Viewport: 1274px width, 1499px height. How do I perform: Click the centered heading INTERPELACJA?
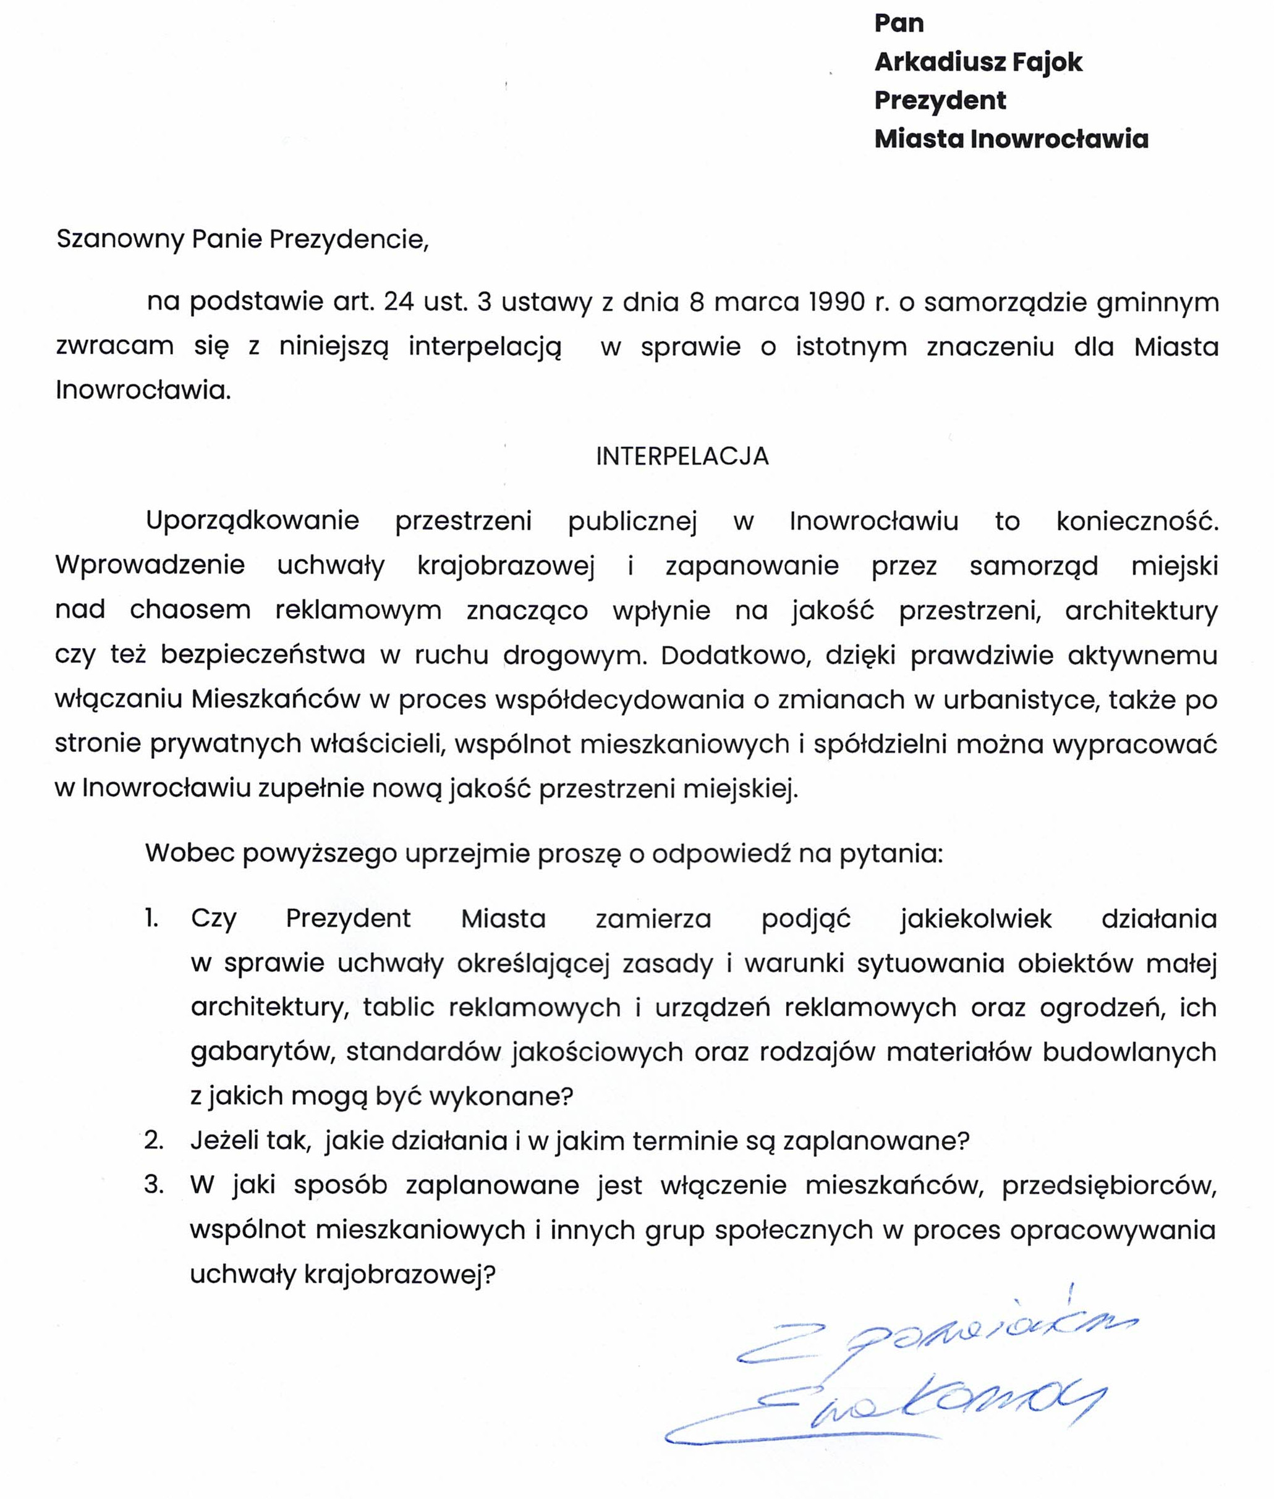pyautogui.click(x=682, y=457)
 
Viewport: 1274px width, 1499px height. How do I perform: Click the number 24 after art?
pyautogui.click(x=399, y=302)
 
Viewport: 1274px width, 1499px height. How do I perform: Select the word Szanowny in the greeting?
pyautogui.click(x=119, y=239)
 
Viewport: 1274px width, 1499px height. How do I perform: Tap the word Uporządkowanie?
pyautogui.click(x=252, y=521)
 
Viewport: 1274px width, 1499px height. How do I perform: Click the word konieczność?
pyautogui.click(x=1137, y=521)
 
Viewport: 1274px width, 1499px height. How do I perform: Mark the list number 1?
pyautogui.click(x=151, y=918)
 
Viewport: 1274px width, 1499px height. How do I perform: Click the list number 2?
pyautogui.click(x=153, y=1140)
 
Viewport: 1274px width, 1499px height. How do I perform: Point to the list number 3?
pyautogui.click(x=153, y=1185)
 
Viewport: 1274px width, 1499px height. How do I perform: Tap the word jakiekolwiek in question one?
pyautogui.click(x=975, y=918)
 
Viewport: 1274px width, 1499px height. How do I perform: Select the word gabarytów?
pyautogui.click(x=263, y=1052)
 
